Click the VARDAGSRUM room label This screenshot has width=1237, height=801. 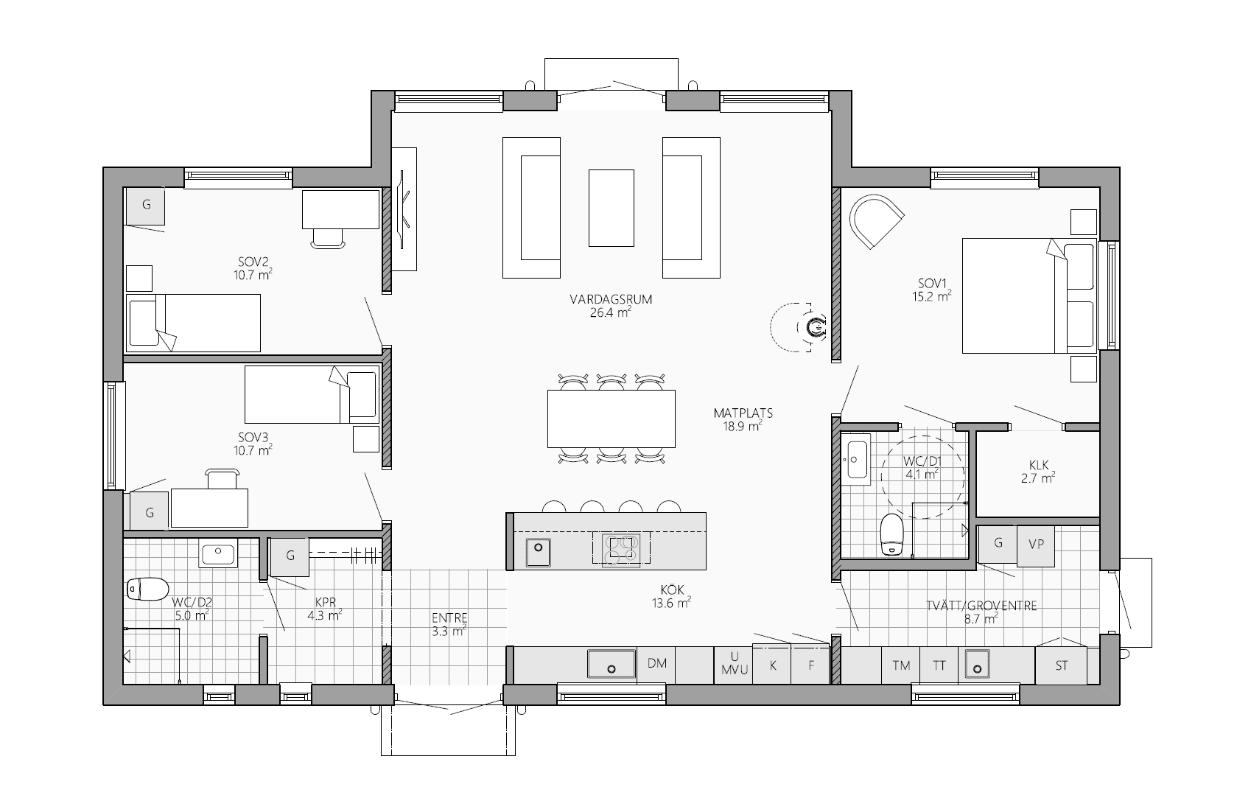(611, 299)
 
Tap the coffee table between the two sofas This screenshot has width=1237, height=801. (611, 208)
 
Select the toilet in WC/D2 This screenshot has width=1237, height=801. (147, 589)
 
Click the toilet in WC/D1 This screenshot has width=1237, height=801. (891, 535)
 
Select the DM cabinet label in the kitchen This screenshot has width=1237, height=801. (656, 663)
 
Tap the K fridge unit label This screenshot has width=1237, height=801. (773, 666)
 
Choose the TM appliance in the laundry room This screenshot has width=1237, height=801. (901, 665)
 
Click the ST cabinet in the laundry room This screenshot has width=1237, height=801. (1062, 665)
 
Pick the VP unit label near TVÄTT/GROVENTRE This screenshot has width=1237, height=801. (1036, 544)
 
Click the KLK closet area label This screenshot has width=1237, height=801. (1038, 466)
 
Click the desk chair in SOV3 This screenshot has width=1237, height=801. (222, 478)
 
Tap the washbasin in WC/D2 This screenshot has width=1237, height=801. (218, 553)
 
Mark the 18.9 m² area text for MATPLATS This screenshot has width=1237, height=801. (743, 426)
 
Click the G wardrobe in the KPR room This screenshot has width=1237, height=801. (290, 556)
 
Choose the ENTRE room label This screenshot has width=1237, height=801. (449, 618)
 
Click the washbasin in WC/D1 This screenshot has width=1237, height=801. (856, 460)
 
